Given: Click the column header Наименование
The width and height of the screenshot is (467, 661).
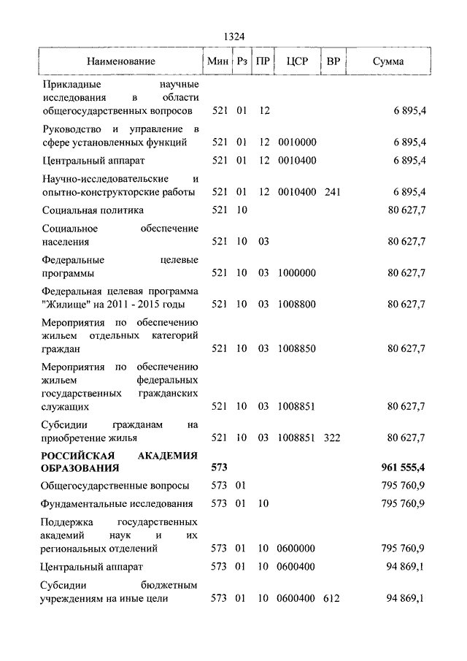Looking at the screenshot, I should [121, 62].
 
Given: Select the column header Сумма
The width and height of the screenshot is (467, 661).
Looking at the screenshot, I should [387, 62].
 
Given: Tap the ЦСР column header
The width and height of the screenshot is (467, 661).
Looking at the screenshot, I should [297, 62].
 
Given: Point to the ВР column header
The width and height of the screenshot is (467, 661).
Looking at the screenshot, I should [333, 62].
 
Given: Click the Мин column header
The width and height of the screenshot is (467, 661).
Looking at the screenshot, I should [217, 62].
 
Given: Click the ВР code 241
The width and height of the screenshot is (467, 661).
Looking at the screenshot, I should [333, 191].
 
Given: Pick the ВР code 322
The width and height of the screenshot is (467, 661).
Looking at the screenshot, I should [333, 438].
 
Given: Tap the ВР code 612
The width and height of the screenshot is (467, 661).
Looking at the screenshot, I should [333, 598].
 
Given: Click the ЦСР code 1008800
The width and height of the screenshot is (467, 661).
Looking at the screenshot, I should [296, 304].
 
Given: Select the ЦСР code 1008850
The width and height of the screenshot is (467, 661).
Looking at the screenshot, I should [296, 348].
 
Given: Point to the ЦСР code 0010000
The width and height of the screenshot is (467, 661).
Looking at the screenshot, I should [296, 142].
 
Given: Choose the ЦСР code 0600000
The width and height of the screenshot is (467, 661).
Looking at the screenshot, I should [296, 547].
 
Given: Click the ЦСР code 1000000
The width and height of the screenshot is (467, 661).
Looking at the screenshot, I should [296, 272].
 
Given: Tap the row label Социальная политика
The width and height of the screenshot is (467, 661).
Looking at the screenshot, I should [93, 210].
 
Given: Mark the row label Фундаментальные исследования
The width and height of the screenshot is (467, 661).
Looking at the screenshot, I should [117, 503].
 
